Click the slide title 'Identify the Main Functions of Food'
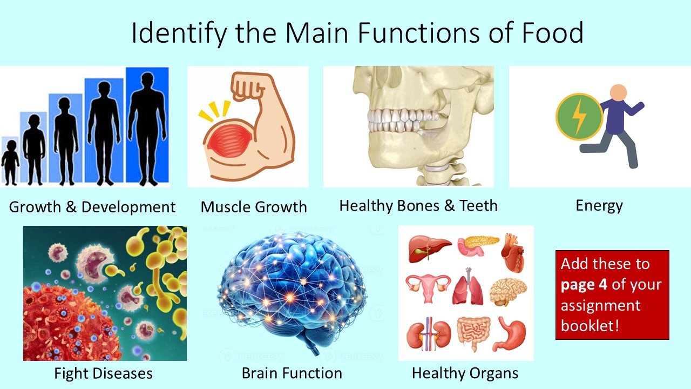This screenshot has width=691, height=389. pos(357,32)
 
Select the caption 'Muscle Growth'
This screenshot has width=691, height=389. pos(254,207)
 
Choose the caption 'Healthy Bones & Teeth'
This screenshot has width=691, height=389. pos(418,205)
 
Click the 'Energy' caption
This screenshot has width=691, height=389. pos(599,205)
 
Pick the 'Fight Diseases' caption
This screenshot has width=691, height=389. pos(103,373)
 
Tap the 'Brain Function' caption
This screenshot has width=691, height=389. pos(292,373)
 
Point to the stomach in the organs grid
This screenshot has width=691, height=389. pos(510,332)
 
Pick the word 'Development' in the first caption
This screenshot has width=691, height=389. pos(130,207)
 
